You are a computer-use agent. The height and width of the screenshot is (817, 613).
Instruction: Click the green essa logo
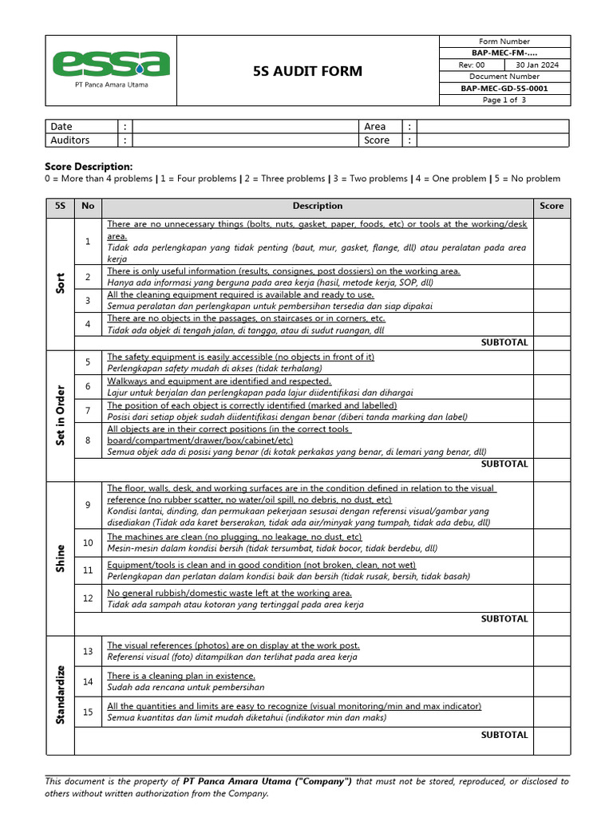111,63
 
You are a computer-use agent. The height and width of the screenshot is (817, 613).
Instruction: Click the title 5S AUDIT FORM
306,71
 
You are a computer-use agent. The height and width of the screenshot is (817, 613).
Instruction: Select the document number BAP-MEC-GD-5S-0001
504,89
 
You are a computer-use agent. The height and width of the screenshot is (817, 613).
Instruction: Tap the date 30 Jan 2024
536,65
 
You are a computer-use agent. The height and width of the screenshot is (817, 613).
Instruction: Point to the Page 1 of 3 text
504,101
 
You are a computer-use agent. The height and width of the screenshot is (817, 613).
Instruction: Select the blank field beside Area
492,126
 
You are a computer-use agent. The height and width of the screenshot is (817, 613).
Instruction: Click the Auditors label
70,140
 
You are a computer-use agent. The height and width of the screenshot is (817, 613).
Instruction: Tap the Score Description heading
88,166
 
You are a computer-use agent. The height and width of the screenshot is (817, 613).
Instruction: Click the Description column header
317,206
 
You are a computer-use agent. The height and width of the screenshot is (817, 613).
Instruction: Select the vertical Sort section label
60,283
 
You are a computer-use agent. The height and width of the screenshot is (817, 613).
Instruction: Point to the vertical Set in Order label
60,415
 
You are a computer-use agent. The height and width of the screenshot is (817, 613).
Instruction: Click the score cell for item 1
552,241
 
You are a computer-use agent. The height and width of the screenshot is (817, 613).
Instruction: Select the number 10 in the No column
88,543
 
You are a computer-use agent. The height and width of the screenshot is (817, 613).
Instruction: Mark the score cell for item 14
552,681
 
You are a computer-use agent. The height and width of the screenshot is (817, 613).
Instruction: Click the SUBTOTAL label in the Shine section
504,618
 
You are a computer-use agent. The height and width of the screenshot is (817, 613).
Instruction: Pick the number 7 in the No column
88,410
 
